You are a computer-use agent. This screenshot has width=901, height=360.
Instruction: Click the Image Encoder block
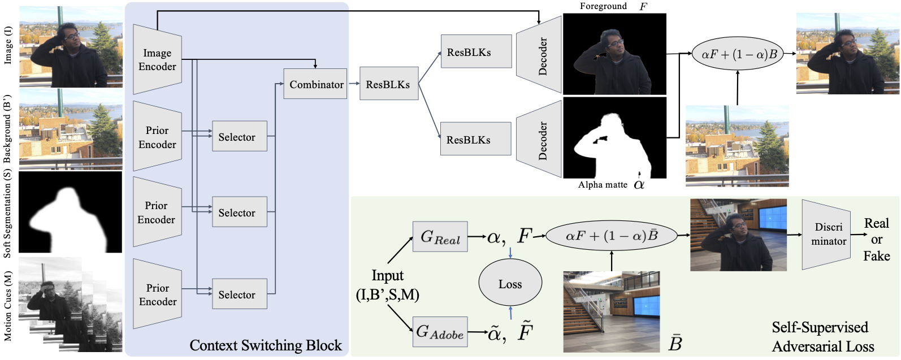157,59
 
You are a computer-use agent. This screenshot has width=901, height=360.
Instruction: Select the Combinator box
315,84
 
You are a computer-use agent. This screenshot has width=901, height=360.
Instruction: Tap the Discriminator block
826,235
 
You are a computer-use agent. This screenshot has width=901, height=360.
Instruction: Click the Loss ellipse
510,284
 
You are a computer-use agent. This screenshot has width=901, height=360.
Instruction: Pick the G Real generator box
440,236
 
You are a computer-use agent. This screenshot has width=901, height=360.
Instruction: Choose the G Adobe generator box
440,332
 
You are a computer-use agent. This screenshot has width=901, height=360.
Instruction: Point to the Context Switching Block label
266,345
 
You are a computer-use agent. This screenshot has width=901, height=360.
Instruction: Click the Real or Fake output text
877,239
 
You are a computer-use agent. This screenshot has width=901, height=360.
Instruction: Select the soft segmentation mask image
71,212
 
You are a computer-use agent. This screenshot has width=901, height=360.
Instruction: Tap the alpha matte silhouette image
614,137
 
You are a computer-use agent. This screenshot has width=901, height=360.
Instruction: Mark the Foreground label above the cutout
603,6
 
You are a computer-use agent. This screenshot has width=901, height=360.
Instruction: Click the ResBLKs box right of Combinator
389,84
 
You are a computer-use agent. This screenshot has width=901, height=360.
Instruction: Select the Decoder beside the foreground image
539,55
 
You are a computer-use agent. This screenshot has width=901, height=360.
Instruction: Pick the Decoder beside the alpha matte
539,139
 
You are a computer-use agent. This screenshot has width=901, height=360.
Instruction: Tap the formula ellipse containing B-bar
612,236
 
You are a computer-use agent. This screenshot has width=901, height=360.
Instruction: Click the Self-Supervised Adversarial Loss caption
822,337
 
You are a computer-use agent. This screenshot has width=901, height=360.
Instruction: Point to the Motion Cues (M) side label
8,306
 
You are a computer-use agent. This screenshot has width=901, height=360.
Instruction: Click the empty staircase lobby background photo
612,312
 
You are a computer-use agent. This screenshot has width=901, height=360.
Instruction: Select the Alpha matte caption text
603,185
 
